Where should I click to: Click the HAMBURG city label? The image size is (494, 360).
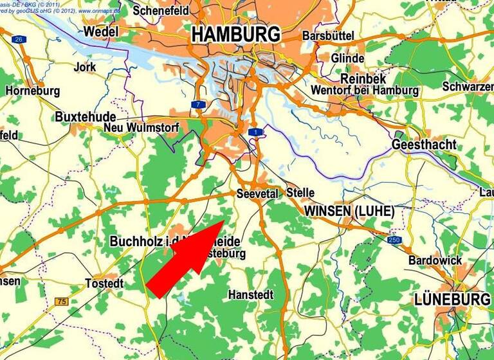236,34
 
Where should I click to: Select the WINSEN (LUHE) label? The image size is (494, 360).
349,211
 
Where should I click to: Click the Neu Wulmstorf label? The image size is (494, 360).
141,128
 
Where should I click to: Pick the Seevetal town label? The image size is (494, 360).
257,194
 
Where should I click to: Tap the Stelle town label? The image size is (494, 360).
300,192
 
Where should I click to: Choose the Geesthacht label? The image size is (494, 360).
424,145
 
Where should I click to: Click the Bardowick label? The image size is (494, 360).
435,260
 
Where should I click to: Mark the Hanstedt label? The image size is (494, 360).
251,294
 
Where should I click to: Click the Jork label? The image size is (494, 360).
85,67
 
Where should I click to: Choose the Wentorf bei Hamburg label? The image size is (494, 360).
364,91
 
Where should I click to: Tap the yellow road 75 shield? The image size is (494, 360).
61,301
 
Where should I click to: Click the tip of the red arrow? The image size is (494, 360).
224,221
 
